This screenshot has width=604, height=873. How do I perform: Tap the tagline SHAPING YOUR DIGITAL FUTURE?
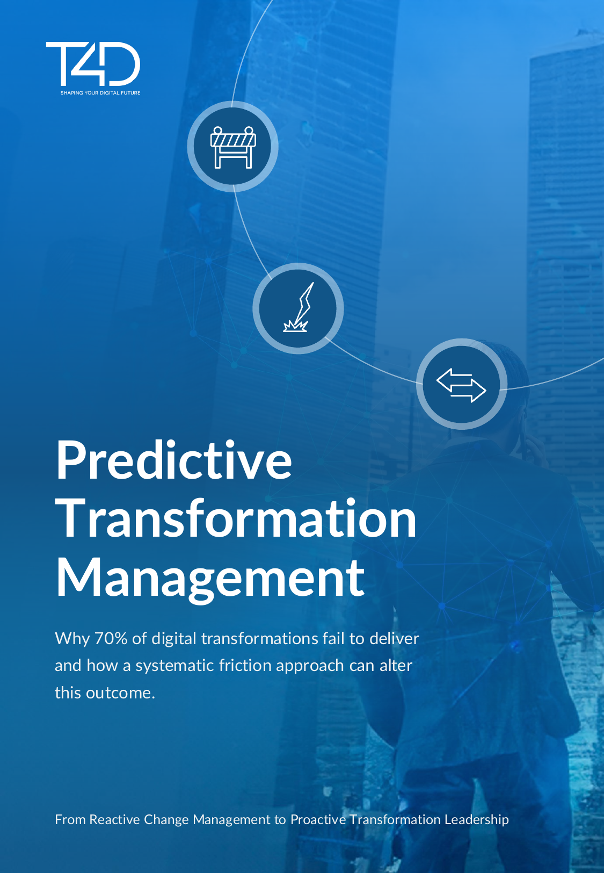100,93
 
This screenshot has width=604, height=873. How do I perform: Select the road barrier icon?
232,147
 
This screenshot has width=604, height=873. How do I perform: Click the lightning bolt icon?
298,308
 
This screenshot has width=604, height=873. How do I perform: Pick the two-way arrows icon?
461,385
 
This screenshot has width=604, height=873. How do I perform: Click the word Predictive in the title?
174,460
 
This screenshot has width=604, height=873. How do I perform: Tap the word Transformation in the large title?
236,518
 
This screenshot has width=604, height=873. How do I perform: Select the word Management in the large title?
210,578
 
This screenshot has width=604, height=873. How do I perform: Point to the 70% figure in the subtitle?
111,638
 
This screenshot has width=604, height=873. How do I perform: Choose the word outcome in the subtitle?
120,693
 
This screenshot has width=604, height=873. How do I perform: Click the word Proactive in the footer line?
318,819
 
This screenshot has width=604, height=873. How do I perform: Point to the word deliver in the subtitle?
395,638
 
